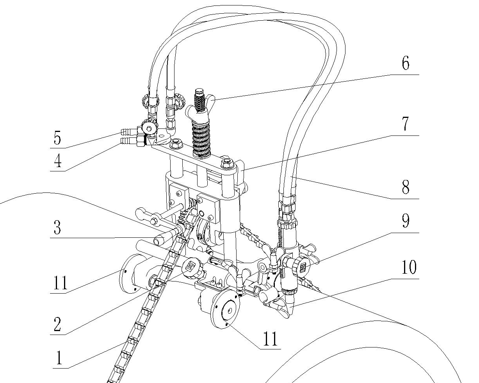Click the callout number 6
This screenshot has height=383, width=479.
[x=406, y=64]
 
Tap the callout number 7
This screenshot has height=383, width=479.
[x=406, y=125]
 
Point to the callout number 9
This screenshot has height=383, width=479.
[x=406, y=221]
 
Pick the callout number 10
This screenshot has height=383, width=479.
[x=409, y=268]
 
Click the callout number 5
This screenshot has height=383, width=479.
[x=57, y=139]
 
